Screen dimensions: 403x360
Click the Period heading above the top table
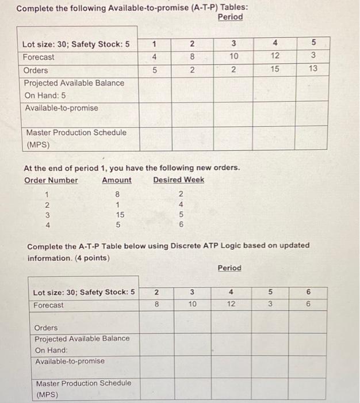point(230,17)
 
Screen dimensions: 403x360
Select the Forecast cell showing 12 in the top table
point(274,56)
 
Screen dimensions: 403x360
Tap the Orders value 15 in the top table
point(274,69)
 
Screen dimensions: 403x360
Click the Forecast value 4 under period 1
point(154,56)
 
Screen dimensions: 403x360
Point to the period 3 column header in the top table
point(233,44)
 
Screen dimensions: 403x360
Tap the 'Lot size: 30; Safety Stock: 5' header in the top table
point(75,44)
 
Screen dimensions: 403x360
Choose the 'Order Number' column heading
point(51,180)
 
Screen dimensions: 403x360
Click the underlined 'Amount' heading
point(116,180)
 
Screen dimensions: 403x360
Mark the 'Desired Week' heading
point(178,180)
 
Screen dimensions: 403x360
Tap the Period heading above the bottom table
point(229,268)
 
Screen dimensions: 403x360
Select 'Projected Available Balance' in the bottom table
point(82,339)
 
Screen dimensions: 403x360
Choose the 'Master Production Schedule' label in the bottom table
point(83,383)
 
